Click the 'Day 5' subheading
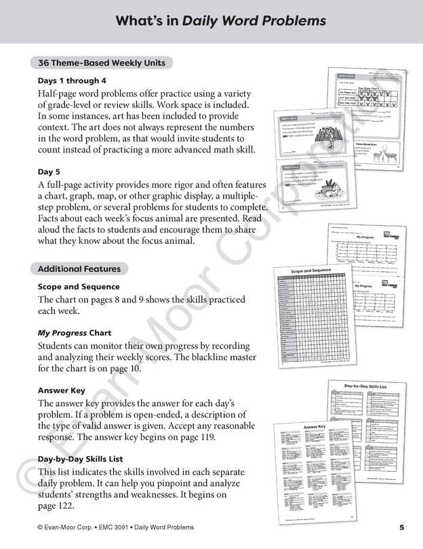point(51,171)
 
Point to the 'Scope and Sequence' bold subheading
point(79,287)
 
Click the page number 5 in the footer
point(401,527)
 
